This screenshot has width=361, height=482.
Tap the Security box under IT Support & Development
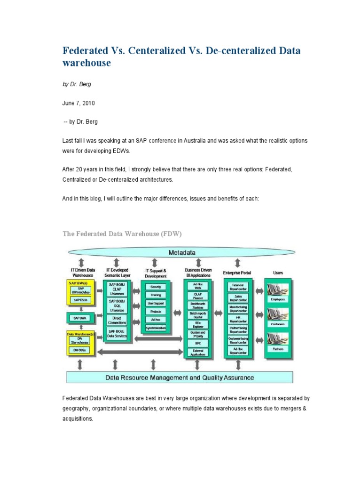click(x=156, y=286)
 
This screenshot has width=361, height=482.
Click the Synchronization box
click(x=156, y=328)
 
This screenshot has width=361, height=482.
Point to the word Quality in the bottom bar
click(x=213, y=377)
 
